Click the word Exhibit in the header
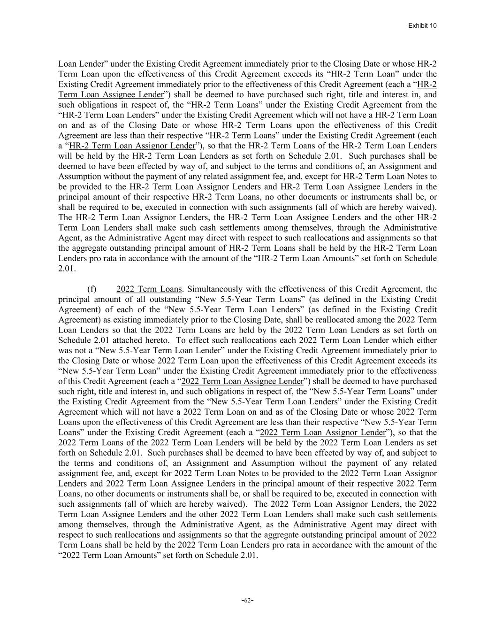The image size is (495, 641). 418,25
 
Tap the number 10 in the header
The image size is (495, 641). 433,25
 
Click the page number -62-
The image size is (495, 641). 247,600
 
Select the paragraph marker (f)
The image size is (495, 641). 92,289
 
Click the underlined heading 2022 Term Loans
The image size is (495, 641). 149,289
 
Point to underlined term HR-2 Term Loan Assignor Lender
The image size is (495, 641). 132,146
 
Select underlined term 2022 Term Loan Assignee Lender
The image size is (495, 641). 242,381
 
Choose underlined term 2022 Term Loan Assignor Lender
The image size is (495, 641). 322,432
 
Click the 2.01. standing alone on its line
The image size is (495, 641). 67,269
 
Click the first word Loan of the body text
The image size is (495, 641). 67,64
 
